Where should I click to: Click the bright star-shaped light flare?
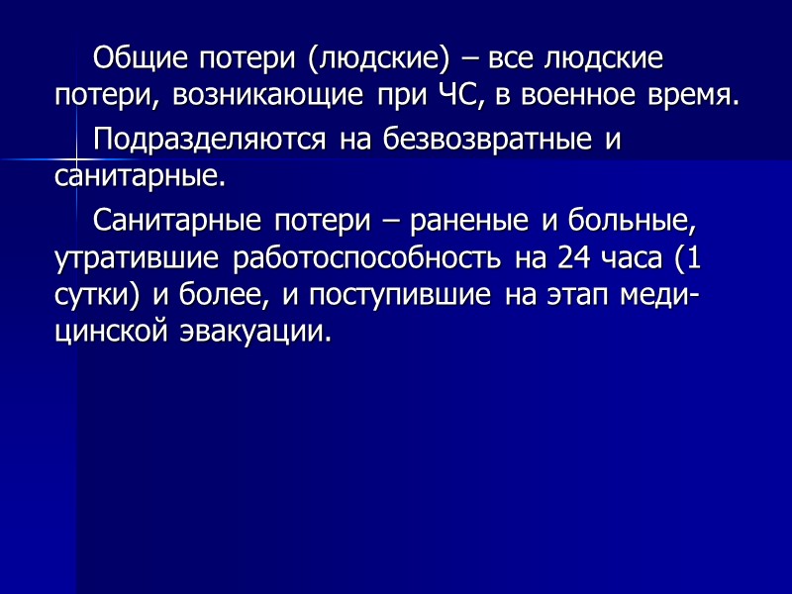tap(76, 159)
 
